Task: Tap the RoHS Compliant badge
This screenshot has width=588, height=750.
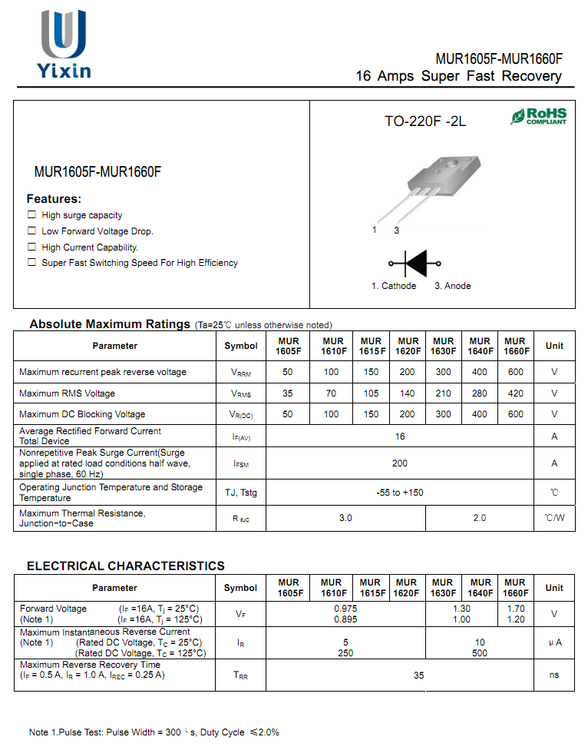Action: pos(539,117)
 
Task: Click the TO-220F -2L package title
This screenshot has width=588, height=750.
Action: pos(425,121)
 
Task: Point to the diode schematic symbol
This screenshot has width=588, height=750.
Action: pos(415,264)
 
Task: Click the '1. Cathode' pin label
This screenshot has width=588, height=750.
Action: pos(394,286)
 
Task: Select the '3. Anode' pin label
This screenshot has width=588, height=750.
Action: pos(453,286)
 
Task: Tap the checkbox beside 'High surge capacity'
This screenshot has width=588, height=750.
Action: pos(31,215)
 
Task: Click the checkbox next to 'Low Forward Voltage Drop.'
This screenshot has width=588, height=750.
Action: pos(31,231)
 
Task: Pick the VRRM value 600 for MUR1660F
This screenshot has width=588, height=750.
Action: pos(516,372)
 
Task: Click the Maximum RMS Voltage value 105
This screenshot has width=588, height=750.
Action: pos(371,393)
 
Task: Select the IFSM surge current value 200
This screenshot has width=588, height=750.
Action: pos(400,463)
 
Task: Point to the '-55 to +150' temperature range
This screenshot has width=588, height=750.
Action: pos(400,493)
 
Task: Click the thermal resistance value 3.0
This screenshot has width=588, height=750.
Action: pos(345,518)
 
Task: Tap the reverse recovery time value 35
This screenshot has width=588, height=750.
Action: pos(418,675)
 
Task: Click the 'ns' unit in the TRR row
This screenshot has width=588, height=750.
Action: pos(554,675)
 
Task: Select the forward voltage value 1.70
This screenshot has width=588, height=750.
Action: pos(516,609)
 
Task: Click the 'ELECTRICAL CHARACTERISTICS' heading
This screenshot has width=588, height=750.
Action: pos(126,566)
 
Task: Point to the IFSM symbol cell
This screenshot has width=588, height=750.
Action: pos(241,464)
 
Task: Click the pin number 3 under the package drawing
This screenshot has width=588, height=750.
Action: pos(396,231)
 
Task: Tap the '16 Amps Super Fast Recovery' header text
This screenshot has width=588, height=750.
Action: pos(458,76)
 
